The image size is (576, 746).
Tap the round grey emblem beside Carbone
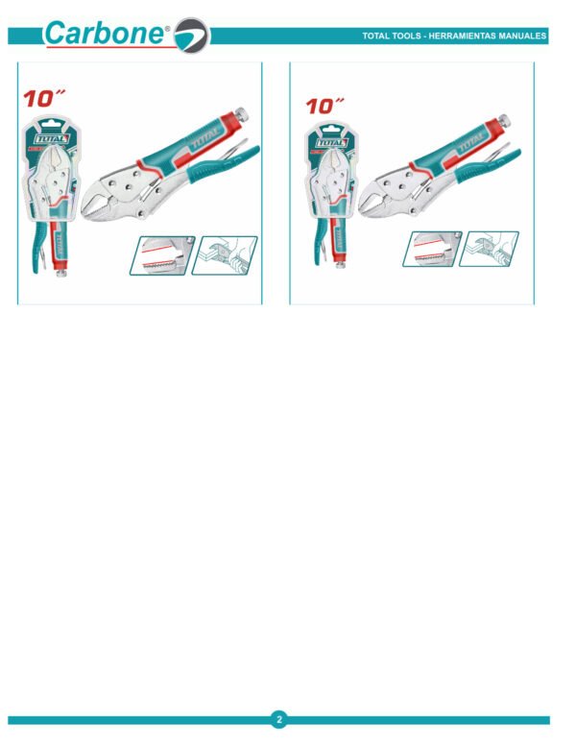point(192,36)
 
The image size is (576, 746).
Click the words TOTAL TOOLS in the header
point(391,36)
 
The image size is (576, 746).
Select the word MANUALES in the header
point(522,36)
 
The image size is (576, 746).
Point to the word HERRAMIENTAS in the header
point(462,36)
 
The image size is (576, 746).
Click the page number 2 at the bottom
point(279,719)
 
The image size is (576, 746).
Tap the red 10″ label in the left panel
point(44,98)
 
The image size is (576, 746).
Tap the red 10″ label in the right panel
point(324,106)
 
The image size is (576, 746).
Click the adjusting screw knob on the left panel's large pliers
point(242,114)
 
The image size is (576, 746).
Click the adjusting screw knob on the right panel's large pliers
point(504,120)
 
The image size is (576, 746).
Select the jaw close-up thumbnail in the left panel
point(162,255)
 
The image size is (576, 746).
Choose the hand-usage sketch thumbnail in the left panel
point(225,255)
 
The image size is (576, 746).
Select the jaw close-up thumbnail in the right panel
point(432,249)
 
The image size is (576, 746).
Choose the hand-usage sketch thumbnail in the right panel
point(489,249)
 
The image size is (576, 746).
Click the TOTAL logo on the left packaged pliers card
point(52,139)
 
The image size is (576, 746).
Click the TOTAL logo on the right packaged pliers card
point(332,143)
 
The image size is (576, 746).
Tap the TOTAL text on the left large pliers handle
point(205,137)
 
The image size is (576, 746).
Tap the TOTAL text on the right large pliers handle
point(471,141)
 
